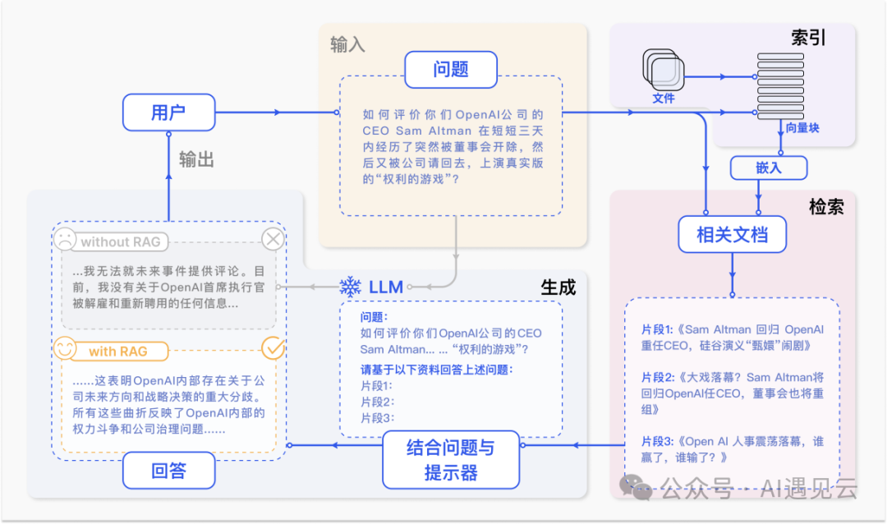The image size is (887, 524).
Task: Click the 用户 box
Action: pyautogui.click(x=168, y=113)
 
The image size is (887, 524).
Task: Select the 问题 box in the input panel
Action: pyautogui.click(x=450, y=70)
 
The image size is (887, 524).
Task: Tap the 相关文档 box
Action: pyautogui.click(x=732, y=235)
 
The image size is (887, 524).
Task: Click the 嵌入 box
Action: pyautogui.click(x=769, y=168)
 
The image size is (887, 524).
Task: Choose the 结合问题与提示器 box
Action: pyautogui.click(x=451, y=460)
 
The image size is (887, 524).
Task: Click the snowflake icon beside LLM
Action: pyautogui.click(x=351, y=287)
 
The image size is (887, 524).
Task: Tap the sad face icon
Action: pyautogui.click(x=64, y=240)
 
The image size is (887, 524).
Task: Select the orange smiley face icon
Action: pyautogui.click(x=65, y=348)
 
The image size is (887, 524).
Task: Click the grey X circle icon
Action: pyautogui.click(x=273, y=240)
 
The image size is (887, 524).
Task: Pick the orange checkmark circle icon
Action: pyautogui.click(x=272, y=348)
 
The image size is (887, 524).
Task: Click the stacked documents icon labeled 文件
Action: pyautogui.click(x=662, y=72)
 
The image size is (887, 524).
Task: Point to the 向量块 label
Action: pyautogui.click(x=802, y=128)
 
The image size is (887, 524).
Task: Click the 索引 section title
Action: pyautogui.click(x=808, y=38)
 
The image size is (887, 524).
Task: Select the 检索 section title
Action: pyautogui.click(x=826, y=207)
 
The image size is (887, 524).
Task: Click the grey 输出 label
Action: pyautogui.click(x=196, y=159)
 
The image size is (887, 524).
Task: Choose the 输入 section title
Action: pyautogui.click(x=347, y=44)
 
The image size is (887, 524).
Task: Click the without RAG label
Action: pyautogui.click(x=121, y=241)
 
